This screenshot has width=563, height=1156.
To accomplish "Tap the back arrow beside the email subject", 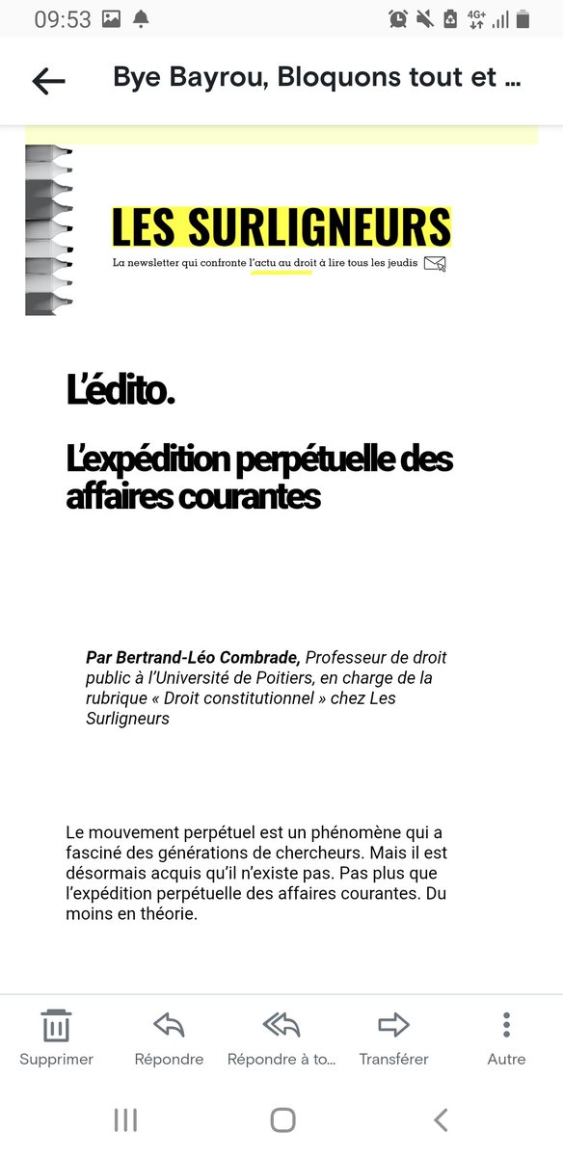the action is [x=48, y=81].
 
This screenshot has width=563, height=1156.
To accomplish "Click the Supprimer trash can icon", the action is [x=56, y=1025].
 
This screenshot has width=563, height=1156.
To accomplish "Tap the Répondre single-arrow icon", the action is [x=169, y=1025].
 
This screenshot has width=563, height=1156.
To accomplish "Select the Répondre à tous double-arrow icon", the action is [x=281, y=1025].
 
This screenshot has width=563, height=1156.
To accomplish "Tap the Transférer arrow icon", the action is [x=393, y=1025].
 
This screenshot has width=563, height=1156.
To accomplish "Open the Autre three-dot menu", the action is [x=506, y=1025].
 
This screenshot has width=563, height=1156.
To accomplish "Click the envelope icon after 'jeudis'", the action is [x=436, y=263].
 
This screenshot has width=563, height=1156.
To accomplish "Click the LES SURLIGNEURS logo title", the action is [x=281, y=227].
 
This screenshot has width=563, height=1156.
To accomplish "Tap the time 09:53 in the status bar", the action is [x=63, y=18].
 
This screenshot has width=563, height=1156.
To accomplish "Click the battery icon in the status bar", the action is [x=523, y=18].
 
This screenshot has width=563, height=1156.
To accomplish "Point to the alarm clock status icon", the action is [x=398, y=18].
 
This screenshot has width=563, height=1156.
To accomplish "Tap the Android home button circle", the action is [x=282, y=1118].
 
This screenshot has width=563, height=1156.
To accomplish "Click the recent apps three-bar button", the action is [x=125, y=1118].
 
